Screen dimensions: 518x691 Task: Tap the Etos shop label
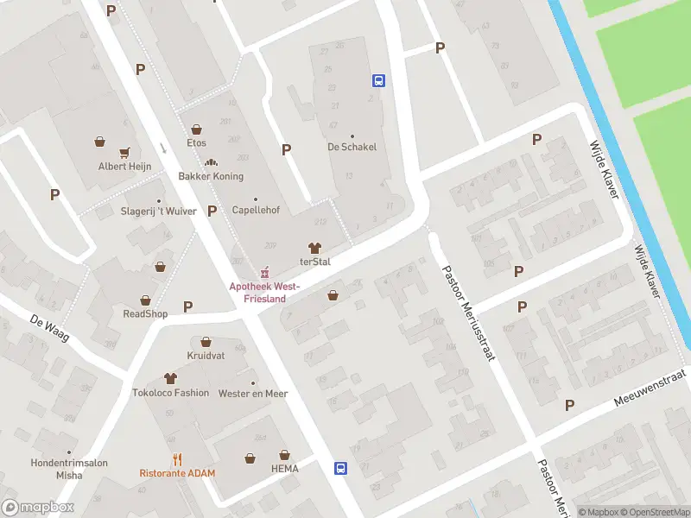[x=197, y=142]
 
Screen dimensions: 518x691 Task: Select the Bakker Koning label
[x=211, y=176]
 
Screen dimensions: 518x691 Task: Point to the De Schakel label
[x=352, y=147]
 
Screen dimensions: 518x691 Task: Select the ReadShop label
[x=145, y=313]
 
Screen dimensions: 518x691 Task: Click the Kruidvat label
[x=206, y=356]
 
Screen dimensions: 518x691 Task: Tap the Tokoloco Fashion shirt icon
[x=170, y=378]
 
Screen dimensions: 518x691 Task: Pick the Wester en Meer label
[x=252, y=394]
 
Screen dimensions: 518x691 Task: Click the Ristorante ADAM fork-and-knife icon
[x=177, y=459]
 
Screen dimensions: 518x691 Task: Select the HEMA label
[x=284, y=469]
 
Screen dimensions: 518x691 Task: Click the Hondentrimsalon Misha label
[x=69, y=469]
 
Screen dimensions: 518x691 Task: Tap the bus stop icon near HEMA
[x=341, y=468]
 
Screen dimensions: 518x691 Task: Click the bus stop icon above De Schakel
[x=378, y=81]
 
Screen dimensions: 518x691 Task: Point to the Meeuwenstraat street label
[x=649, y=388]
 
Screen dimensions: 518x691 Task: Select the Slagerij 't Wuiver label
[x=158, y=211]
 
